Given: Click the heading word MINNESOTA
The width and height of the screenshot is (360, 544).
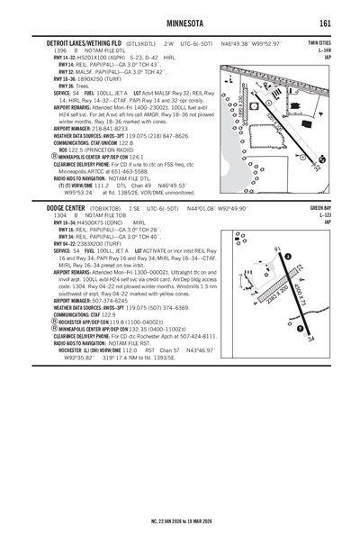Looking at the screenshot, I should coord(180,23).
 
